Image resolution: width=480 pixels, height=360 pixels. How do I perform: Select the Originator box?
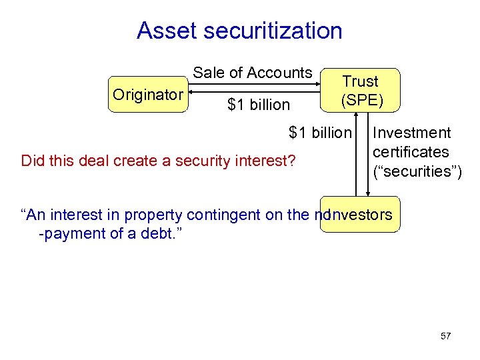[x=147, y=95]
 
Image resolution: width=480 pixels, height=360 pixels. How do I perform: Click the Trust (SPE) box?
[x=360, y=91]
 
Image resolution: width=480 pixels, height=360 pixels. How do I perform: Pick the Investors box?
[x=360, y=215]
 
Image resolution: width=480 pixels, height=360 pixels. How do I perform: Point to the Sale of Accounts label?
[x=253, y=73]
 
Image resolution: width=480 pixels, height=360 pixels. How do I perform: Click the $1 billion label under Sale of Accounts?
[x=259, y=105]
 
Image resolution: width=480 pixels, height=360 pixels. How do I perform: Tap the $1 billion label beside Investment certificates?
[x=319, y=133]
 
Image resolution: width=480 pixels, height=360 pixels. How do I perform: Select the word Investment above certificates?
[x=412, y=133]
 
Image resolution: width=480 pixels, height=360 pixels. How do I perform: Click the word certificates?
[x=411, y=152]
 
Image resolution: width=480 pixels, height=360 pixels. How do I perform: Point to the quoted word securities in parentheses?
[x=417, y=171]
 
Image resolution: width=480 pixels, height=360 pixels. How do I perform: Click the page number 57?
[x=446, y=336]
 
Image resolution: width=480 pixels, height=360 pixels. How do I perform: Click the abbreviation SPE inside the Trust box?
[x=360, y=100]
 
